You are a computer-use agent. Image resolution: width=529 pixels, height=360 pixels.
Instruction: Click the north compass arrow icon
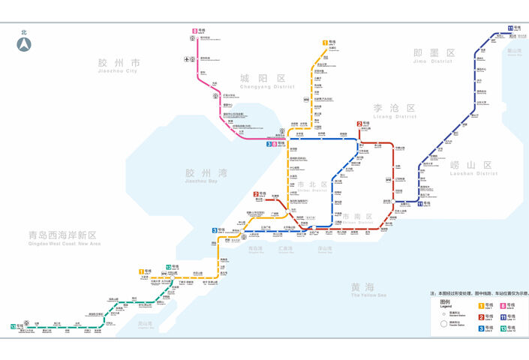[24, 43]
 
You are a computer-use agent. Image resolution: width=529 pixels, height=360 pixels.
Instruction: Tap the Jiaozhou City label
[119, 65]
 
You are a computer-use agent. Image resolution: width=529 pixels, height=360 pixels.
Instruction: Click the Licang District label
[394, 111]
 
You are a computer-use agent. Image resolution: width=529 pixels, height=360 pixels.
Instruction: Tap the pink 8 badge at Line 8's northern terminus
[195, 31]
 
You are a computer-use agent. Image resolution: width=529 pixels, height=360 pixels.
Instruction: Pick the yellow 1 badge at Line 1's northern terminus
[325, 43]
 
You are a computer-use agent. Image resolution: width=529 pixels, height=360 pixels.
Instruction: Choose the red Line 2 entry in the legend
[482, 316]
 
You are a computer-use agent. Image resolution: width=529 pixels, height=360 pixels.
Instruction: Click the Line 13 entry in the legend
[504, 328]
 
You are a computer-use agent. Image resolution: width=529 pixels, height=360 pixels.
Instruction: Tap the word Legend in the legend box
[446, 306]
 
